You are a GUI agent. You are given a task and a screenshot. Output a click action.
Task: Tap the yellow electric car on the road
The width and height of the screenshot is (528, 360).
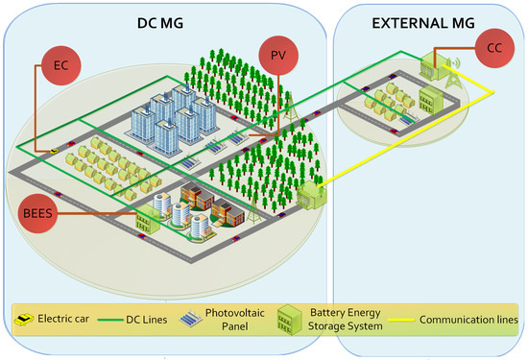point(55,151)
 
